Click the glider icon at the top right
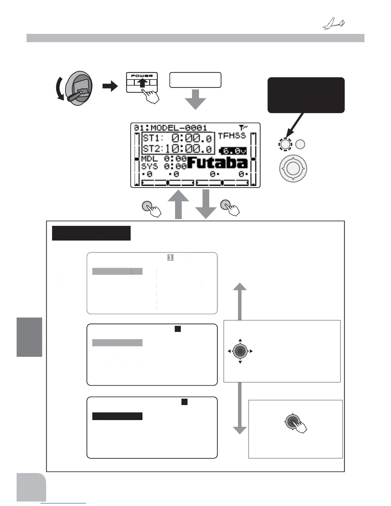pos(333,24)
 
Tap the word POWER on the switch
pos(142,76)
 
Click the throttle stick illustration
pos(79,88)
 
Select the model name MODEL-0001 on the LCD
pos(179,128)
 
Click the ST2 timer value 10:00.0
pos(188,149)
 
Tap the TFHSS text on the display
pos(232,136)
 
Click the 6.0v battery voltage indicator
pos(233,151)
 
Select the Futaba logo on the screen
pos(217,163)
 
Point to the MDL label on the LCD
pos(149,159)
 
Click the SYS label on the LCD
pos(149,166)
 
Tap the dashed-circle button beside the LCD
pos(285,144)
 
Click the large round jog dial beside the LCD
pos(293,168)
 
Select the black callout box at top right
pos(306,95)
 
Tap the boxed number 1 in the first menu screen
pos(170,257)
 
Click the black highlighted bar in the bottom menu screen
pos(117,416)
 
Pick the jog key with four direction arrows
pos(240,351)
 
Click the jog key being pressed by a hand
pos(292,422)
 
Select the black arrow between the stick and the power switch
pos(110,86)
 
